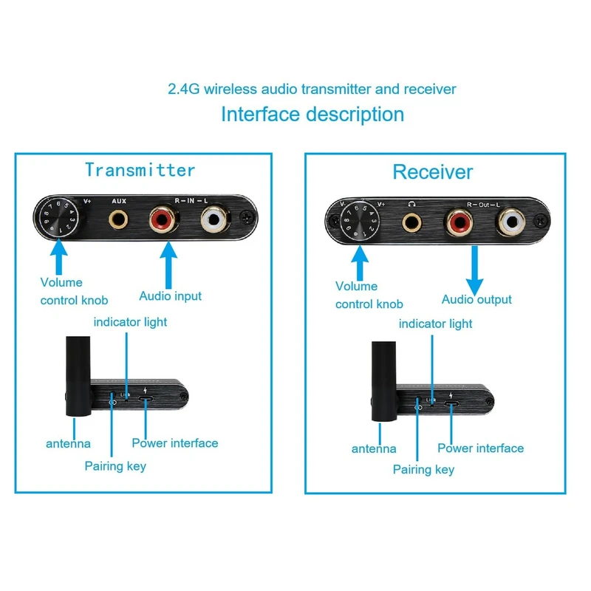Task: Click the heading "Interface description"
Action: pos(312,115)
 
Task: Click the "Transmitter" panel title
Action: pos(140,170)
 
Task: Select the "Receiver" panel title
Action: pos(432,172)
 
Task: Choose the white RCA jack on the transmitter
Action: pos(216,219)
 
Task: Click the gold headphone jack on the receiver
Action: pos(411,222)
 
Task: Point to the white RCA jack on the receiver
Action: pos(511,220)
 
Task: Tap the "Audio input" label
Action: pos(170,296)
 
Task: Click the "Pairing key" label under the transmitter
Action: pos(115,466)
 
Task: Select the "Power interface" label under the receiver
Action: pos(480,448)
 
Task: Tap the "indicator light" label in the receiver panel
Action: pos(435,324)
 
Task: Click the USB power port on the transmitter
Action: pos(146,400)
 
